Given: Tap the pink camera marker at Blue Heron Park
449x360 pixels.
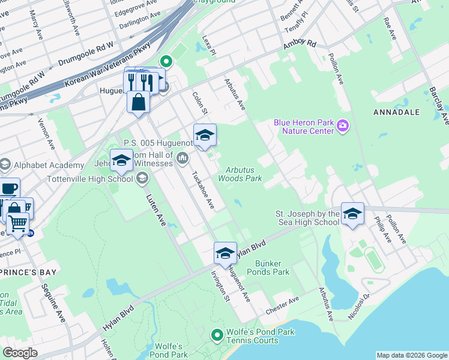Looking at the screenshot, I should [343, 125].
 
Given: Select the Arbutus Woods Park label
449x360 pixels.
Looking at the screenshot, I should [240, 175].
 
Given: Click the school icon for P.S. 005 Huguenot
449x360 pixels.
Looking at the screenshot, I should [205, 135].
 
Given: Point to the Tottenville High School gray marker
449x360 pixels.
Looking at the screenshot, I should [142, 178].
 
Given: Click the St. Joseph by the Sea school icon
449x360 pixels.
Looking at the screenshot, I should [352, 214].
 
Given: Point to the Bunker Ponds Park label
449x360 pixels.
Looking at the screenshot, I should [272, 268].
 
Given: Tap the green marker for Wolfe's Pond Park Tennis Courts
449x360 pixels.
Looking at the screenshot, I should [217, 335].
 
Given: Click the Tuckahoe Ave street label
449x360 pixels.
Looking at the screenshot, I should [202, 191].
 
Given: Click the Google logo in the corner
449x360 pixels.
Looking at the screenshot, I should [20, 353].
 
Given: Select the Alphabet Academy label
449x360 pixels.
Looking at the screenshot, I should [49, 166].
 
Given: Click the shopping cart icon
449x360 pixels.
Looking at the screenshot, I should [17, 223].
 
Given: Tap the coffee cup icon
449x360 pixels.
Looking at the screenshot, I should [8, 188].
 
